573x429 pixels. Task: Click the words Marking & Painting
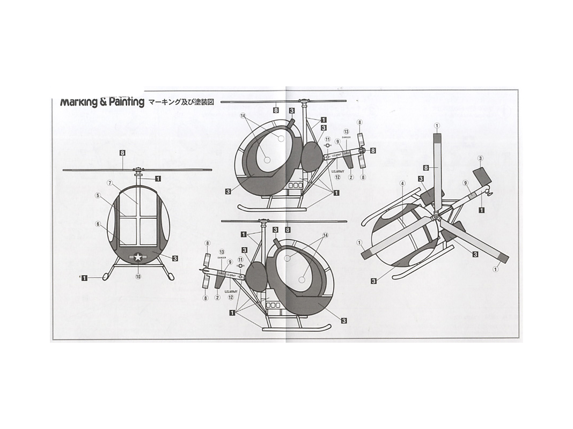pos(102,102)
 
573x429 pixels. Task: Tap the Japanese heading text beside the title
pos(181,102)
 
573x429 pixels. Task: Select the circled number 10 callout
pos(138,277)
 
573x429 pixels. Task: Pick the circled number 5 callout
pos(98,224)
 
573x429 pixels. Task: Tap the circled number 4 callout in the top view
pos(402,183)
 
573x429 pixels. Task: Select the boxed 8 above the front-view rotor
pos(123,153)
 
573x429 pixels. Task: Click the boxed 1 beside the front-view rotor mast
pos(158,178)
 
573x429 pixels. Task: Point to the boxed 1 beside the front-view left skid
pos(85,277)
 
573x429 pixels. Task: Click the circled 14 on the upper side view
pos(243,116)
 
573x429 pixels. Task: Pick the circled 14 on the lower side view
pos(325,235)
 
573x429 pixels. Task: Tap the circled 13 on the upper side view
pos(346,131)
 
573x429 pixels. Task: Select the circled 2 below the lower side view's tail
pos(217,298)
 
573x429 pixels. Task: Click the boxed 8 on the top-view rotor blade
pos(426,167)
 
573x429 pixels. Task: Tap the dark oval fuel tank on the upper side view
pos(312,157)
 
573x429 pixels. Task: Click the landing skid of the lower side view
pos(295,328)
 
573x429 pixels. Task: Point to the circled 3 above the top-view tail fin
pos(480,158)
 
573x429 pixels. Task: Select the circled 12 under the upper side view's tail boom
pos(337,177)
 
